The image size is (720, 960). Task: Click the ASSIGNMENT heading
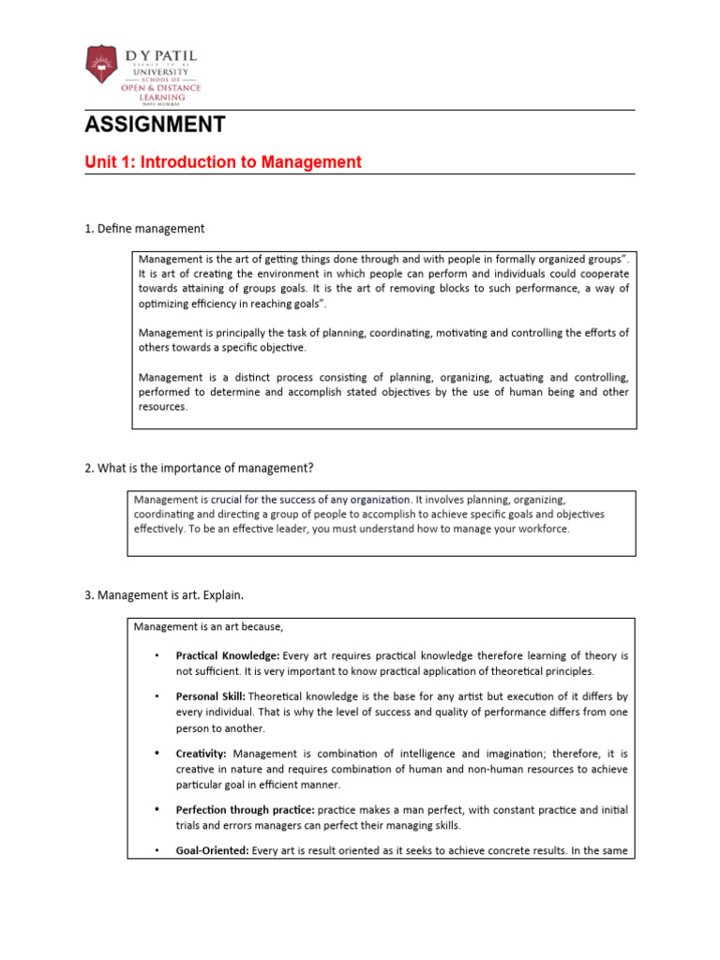pyautogui.click(x=155, y=125)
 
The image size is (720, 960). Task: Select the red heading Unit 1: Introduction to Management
pyautogui.click(x=222, y=162)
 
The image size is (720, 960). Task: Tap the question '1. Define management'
pyautogui.click(x=144, y=229)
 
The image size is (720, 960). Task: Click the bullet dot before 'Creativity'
pyautogui.click(x=156, y=753)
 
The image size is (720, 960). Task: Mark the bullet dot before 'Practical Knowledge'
pyautogui.click(x=156, y=654)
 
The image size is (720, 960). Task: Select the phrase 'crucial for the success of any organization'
pyautogui.click(x=310, y=500)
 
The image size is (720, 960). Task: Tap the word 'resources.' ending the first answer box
pyautogui.click(x=163, y=408)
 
